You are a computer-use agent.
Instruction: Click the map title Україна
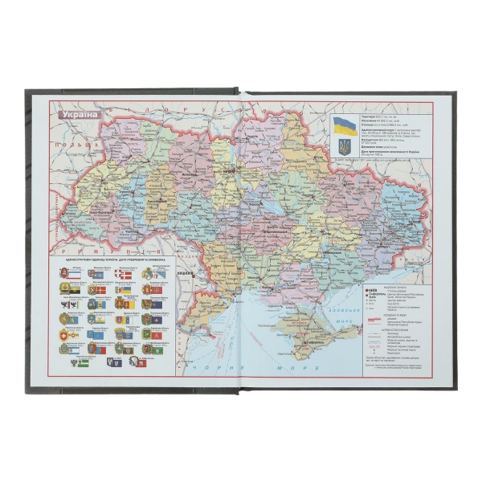point(79,113)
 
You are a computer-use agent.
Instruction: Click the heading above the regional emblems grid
point(112,262)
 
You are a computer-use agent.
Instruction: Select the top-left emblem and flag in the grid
point(67,275)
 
